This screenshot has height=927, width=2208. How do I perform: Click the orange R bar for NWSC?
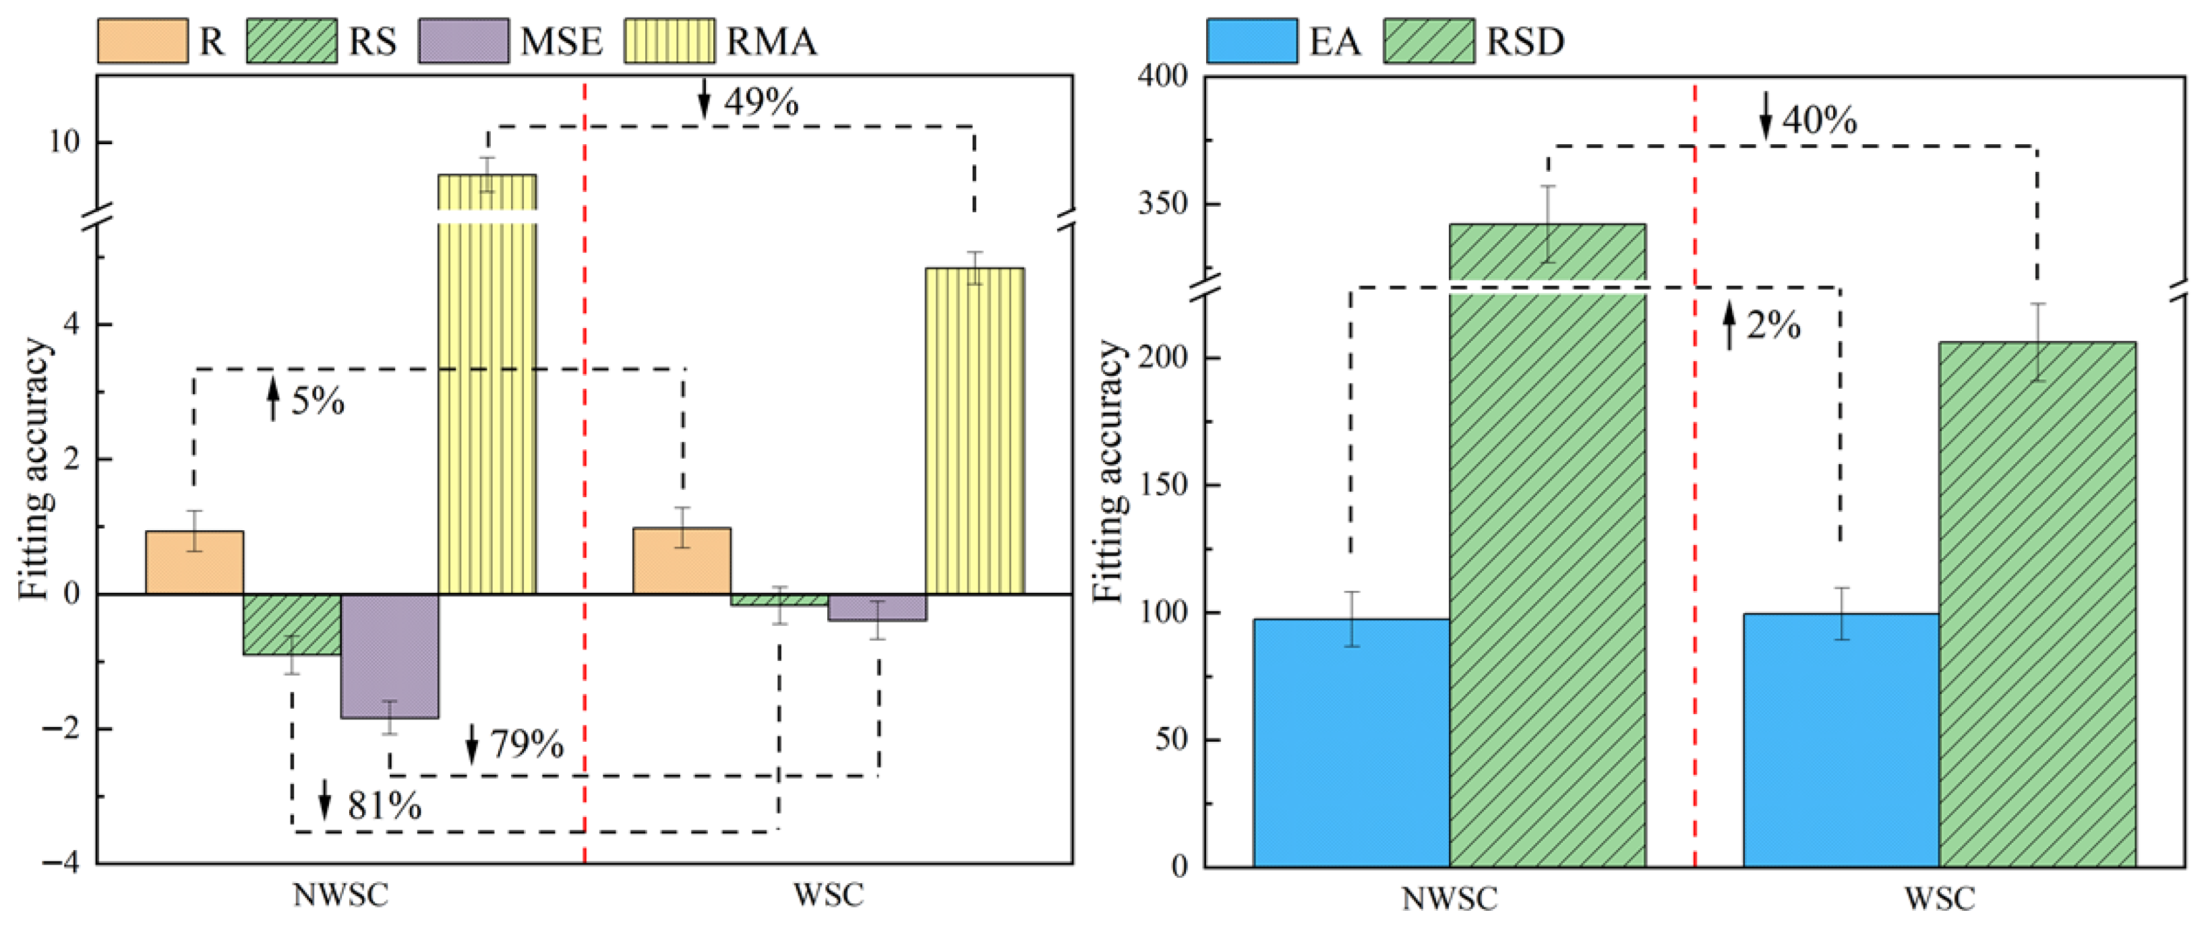[x=195, y=563]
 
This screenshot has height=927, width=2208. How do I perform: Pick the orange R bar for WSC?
[x=682, y=561]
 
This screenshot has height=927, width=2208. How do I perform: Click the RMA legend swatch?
[x=669, y=41]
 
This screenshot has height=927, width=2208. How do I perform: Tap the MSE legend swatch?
[x=463, y=41]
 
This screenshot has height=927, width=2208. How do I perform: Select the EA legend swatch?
[x=1251, y=41]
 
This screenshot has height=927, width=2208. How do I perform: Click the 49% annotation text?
[x=761, y=102]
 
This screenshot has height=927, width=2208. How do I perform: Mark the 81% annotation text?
[x=384, y=806]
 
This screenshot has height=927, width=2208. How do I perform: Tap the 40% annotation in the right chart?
[x=1819, y=120]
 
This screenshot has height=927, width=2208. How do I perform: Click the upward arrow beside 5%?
[x=274, y=400]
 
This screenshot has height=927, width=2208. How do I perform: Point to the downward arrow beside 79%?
[x=471, y=744]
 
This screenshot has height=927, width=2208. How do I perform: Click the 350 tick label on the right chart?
[x=1163, y=205]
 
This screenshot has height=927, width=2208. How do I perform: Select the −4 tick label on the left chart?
[x=60, y=863]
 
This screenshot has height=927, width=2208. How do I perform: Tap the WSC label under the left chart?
[x=828, y=895]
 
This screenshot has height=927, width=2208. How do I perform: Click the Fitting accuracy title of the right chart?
[x=1109, y=471]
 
